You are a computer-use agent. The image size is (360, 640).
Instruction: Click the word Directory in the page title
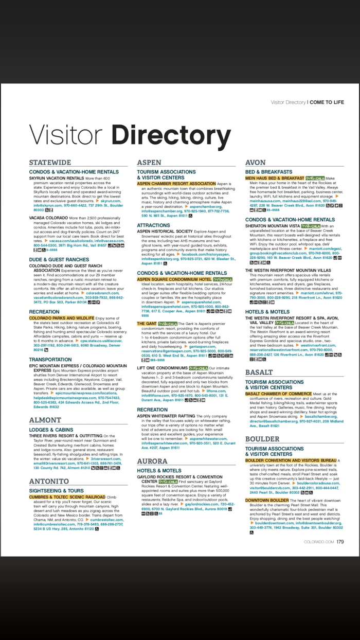pyautogui.click(x=171, y=135)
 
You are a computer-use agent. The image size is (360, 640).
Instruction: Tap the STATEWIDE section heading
pyautogui.click(x=50, y=163)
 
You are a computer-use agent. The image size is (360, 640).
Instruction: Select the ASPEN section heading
pyautogui.click(x=149, y=163)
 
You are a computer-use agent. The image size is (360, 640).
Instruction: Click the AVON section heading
pyautogui.click(x=256, y=163)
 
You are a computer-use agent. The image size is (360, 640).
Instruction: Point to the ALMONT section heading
pyautogui.click(x=45, y=420)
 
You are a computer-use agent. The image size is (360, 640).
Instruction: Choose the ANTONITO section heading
pyautogui.click(x=49, y=481)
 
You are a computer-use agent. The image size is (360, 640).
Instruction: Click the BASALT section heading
pyautogui.click(x=259, y=372)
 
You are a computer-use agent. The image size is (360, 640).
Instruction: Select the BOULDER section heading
pyautogui.click(x=262, y=439)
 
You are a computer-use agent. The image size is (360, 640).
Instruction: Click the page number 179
pyautogui.click(x=340, y=541)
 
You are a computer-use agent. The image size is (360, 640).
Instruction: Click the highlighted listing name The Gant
pyautogui.click(x=147, y=323)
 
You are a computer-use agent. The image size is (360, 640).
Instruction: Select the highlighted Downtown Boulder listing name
pyautogui.click(x=266, y=500)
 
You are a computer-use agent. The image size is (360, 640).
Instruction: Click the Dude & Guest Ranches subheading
pyautogui.click(x=59, y=260)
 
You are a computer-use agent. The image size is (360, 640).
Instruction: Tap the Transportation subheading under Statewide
pyautogui.click(x=50, y=360)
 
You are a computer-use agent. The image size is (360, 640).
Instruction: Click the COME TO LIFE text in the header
pyautogui.click(x=327, y=102)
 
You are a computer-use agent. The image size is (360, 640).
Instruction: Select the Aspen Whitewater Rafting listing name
pyautogui.click(x=166, y=416)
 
